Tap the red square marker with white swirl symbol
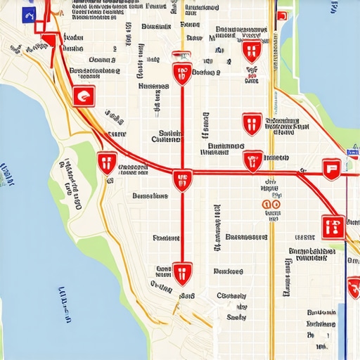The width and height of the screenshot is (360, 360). (84, 96)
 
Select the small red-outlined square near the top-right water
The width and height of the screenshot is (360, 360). (282, 16)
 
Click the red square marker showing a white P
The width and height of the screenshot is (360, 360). (331, 168)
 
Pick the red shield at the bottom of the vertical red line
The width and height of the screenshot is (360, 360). (182, 274)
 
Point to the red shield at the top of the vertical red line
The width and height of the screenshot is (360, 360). (182, 74)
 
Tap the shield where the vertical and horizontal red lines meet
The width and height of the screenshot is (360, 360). (182, 180)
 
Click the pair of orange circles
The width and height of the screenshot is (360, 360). (271, 205)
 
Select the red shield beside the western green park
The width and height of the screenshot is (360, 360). (107, 163)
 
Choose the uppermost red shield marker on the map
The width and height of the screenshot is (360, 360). (251, 50)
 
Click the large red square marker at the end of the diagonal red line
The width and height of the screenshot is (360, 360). (333, 226)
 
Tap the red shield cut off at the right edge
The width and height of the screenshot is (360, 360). (354, 288)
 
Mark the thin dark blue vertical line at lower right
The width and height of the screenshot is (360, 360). (346, 309)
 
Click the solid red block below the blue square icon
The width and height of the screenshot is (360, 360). (49, 41)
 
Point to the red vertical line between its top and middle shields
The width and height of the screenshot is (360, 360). (182, 127)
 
